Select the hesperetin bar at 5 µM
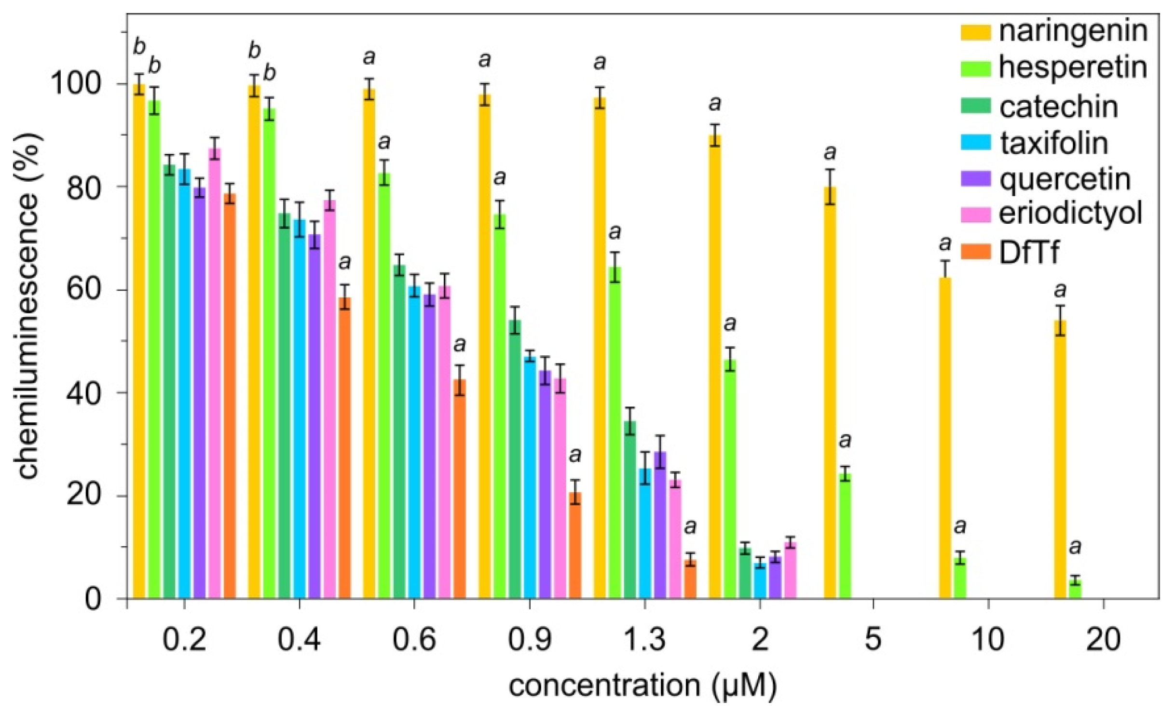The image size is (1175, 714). tap(845, 536)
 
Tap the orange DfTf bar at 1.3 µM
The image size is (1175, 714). tap(691, 579)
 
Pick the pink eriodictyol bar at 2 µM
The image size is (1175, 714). tap(790, 570)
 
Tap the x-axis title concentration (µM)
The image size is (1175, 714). tap(642, 686)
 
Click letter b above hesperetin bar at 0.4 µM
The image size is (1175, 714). tap(269, 73)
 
